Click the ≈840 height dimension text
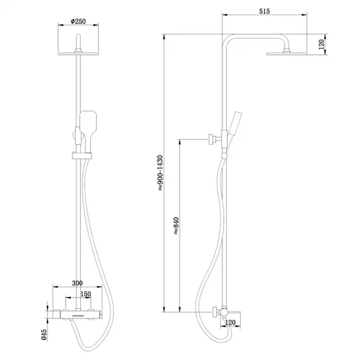click(x=174, y=224)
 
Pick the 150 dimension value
click(x=87, y=294)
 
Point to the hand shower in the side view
click(x=236, y=124)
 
